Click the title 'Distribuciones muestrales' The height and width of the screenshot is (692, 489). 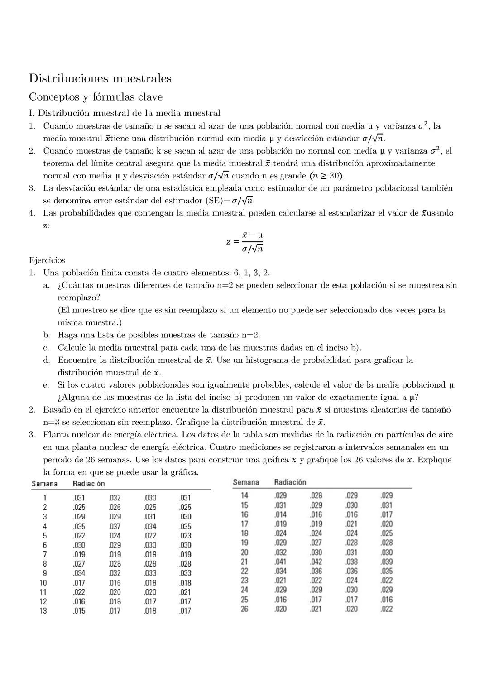(100, 78)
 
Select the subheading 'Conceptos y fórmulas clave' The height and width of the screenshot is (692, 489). (96, 97)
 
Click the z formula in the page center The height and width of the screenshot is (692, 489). (245, 242)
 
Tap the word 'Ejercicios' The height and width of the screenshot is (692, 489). (47, 260)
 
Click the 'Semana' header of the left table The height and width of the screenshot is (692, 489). (44, 484)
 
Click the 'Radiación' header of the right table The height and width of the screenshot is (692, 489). (290, 482)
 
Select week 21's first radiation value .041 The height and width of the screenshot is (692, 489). (280, 562)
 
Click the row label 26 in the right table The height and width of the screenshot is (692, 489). (244, 609)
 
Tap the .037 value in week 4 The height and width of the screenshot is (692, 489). (115, 526)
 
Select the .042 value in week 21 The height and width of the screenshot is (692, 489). (316, 562)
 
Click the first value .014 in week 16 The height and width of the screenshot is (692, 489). (280, 514)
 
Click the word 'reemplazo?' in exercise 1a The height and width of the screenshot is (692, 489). (79, 298)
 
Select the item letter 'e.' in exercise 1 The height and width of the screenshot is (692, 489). (46, 385)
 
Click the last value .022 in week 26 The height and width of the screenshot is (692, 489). (387, 609)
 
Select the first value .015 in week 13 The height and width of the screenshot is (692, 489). (79, 610)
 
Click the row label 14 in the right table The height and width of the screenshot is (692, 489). (244, 495)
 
